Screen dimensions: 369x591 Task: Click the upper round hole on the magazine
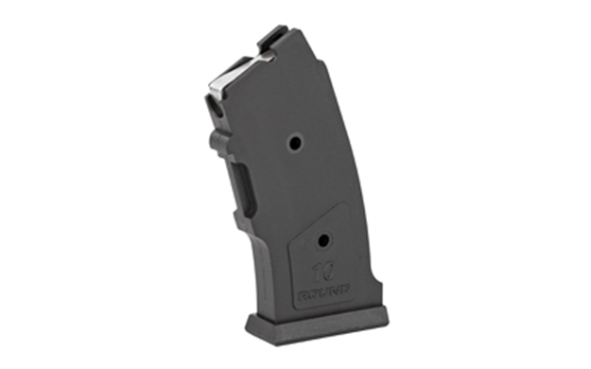pos(295,142)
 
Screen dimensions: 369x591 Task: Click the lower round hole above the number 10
pos(324,239)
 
